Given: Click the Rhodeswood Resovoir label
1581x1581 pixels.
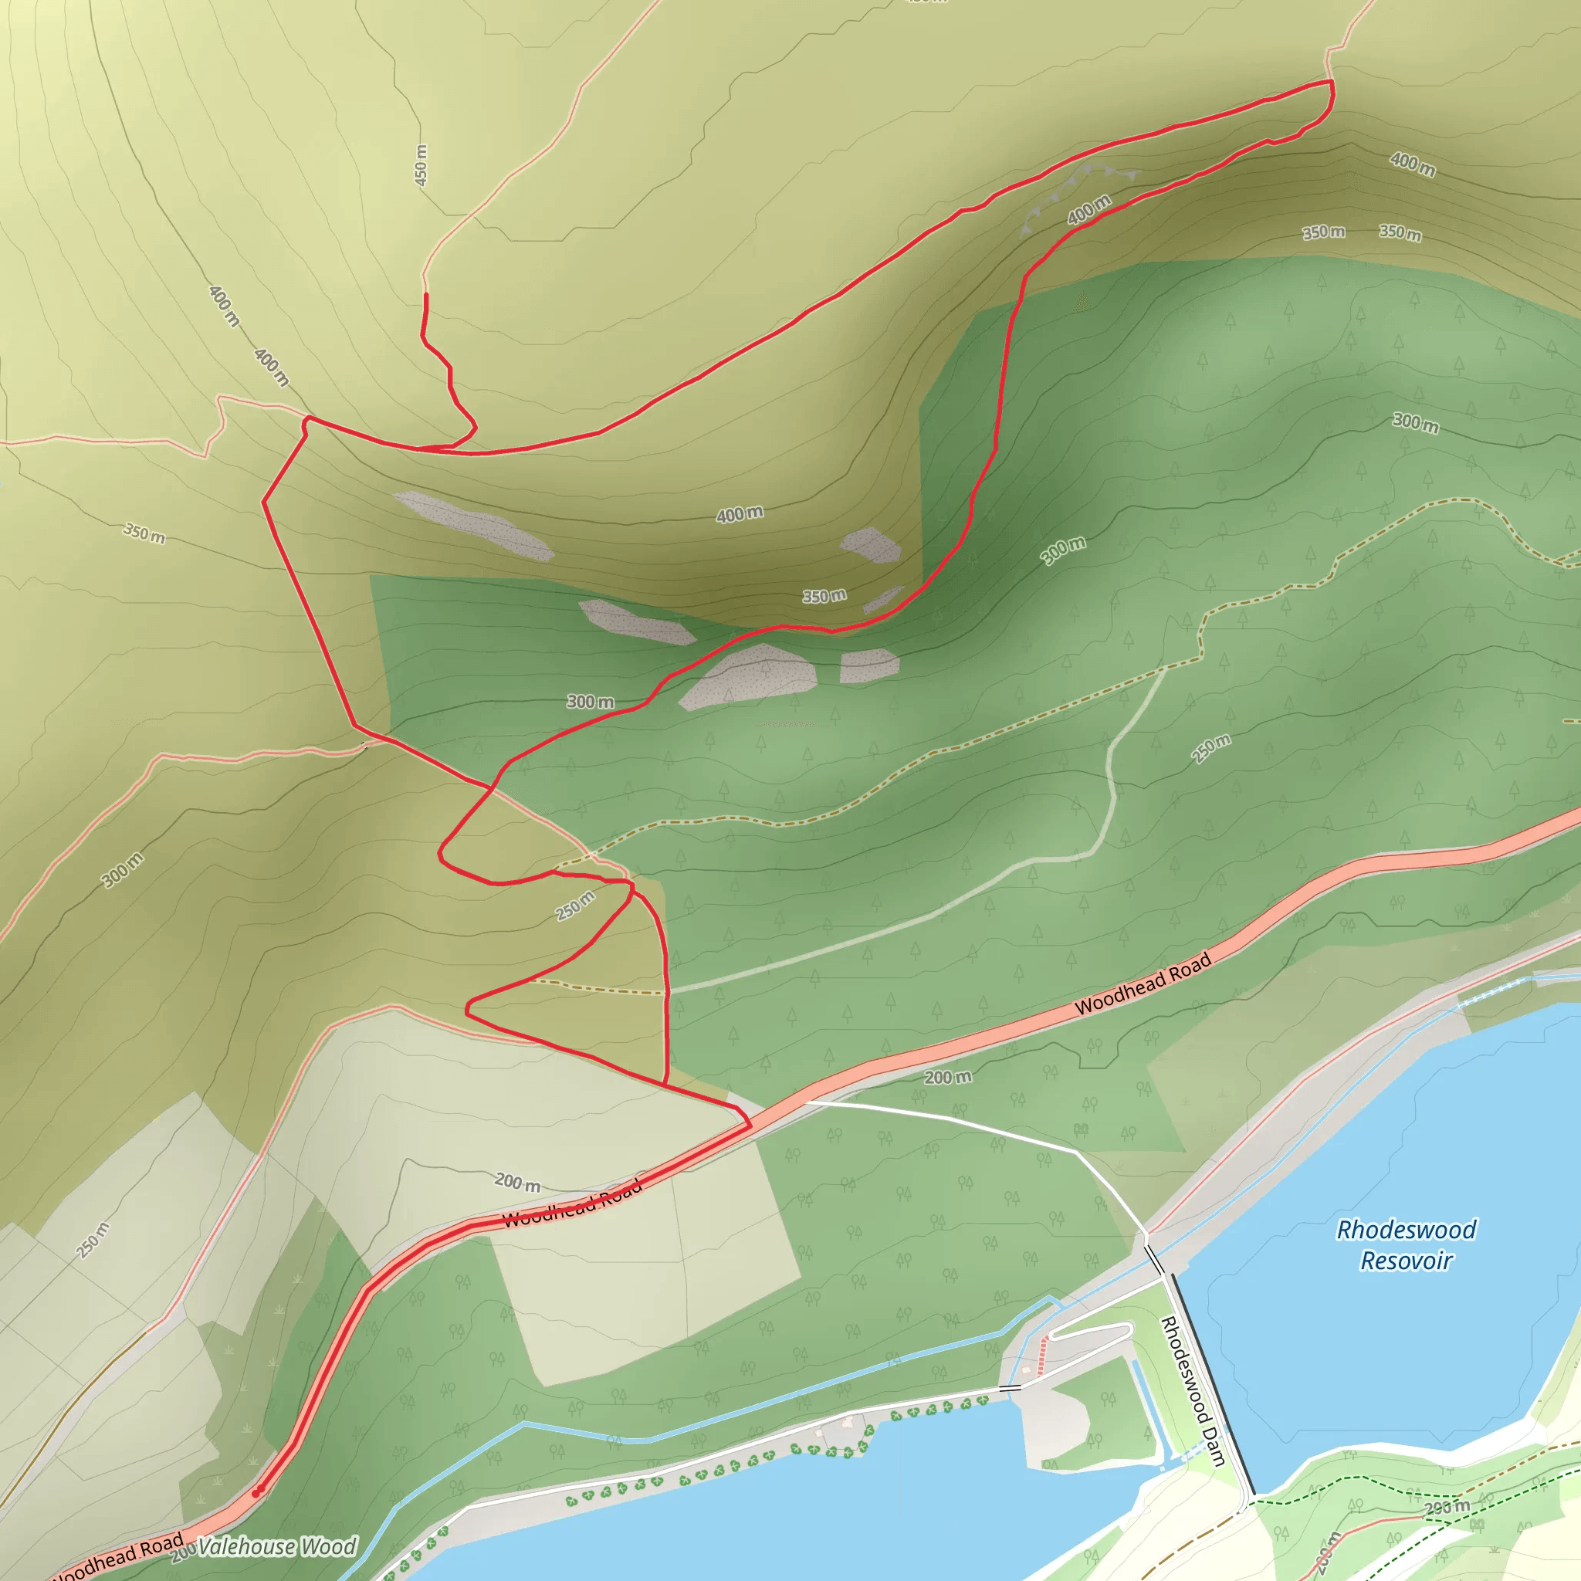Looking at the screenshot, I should tap(1406, 1244).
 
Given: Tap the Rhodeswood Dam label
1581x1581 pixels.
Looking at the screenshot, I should tap(1191, 1390).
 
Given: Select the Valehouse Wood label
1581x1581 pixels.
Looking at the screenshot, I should tap(276, 1545).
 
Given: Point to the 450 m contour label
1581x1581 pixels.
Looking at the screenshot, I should tap(421, 164).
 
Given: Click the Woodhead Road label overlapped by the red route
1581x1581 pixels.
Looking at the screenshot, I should tap(572, 1204).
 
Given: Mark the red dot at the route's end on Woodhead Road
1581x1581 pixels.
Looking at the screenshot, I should tap(256, 1493).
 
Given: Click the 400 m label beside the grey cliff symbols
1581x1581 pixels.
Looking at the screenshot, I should tap(1089, 209).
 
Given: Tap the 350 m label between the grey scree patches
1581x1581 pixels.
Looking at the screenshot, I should tap(823, 596).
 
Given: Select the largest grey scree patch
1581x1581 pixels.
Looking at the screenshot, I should tap(749, 675).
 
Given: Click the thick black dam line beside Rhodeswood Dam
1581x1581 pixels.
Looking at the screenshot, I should tap(1211, 1383).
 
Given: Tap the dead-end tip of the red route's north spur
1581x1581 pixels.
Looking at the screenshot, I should tap(425, 295).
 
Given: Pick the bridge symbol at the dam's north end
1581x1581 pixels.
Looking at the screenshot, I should tap(1154, 1258).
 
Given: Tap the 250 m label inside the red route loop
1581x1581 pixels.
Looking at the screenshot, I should tap(575, 906).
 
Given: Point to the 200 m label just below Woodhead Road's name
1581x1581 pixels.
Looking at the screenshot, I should tap(948, 1077).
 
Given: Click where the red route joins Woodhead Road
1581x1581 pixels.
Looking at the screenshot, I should tap(749, 1126).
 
